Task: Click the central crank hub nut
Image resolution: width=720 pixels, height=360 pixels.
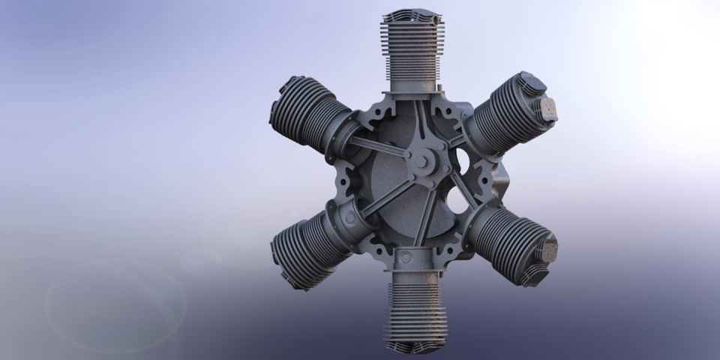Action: pyautogui.click(x=421, y=160)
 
